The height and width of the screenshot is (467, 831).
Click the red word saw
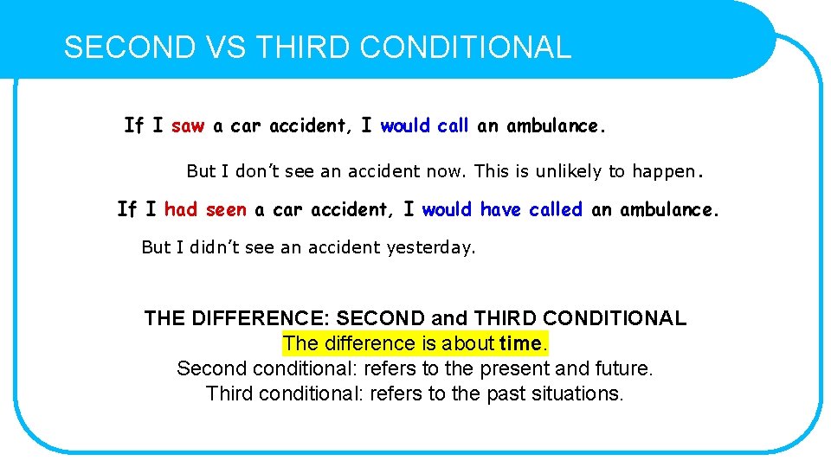(188, 126)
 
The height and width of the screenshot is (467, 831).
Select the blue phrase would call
(424, 126)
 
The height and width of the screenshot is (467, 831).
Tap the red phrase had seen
(205, 209)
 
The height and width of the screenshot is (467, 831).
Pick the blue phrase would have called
(502, 209)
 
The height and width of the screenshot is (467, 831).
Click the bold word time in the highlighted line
(520, 343)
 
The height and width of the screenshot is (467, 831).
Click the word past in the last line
(506, 393)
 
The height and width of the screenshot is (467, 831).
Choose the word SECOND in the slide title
(130, 47)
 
